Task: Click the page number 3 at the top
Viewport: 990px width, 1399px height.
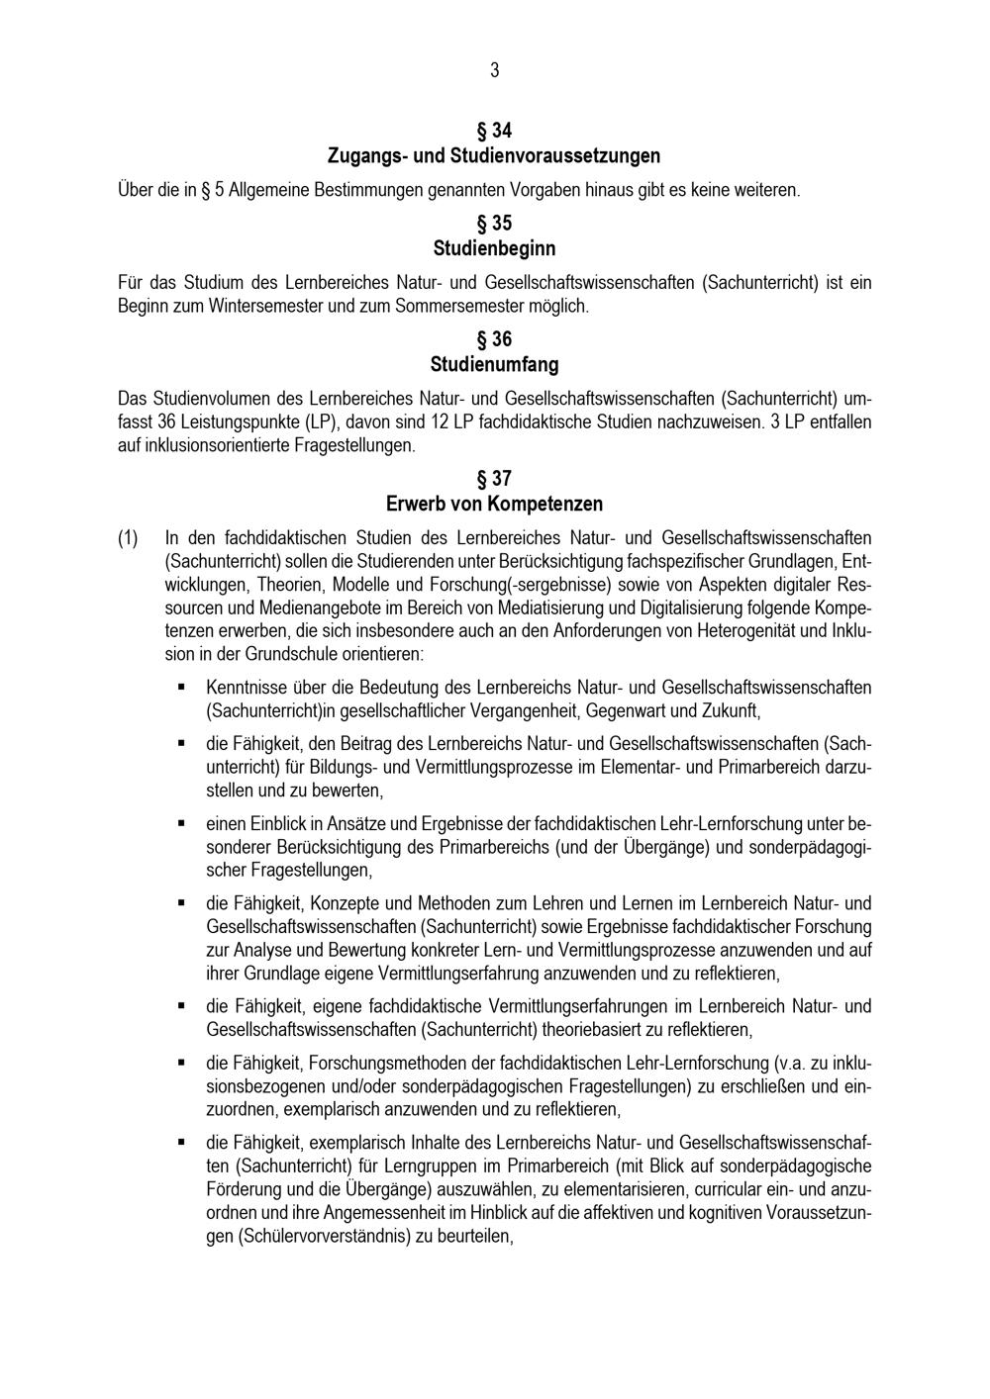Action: click(494, 70)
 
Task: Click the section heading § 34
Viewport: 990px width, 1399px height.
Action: click(494, 131)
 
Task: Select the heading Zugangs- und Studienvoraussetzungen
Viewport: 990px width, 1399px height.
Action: click(494, 156)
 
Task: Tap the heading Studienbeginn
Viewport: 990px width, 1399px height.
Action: click(494, 247)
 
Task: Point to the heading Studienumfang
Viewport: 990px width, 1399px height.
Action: click(494, 364)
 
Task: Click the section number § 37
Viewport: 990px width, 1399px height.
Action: click(494, 479)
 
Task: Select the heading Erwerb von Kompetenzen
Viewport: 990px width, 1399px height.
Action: click(494, 504)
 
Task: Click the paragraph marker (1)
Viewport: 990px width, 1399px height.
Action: click(129, 539)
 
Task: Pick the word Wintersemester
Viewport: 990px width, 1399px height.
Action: click(266, 306)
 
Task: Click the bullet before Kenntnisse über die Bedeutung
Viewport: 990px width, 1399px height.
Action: click(181, 686)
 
